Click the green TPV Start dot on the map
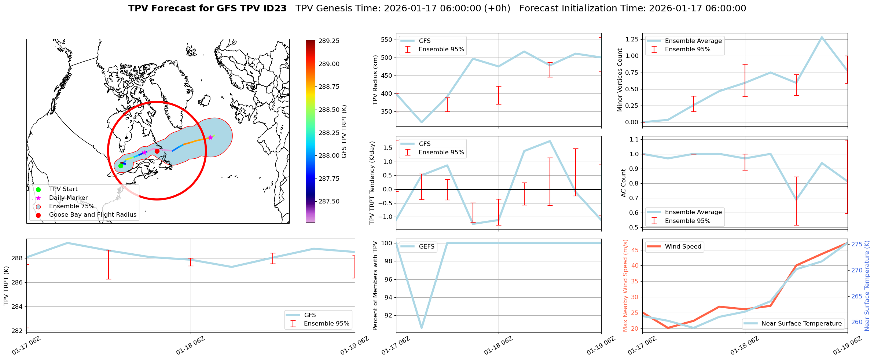[121, 166]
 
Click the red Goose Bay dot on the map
[157, 151]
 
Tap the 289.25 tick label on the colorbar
[329, 41]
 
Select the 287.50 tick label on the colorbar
[329, 201]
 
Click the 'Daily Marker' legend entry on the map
[68, 198]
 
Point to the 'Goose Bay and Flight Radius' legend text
[92, 215]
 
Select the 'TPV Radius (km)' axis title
[375, 80]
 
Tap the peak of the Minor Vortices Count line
[822, 37]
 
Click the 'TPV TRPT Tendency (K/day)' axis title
[372, 183]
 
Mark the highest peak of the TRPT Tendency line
[550, 141]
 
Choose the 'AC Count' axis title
[623, 183]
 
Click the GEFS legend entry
[426, 247]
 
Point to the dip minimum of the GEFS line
[422, 328]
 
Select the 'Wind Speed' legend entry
[683, 247]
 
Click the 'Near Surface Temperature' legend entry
[801, 323]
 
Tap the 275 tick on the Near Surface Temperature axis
[857, 244]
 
